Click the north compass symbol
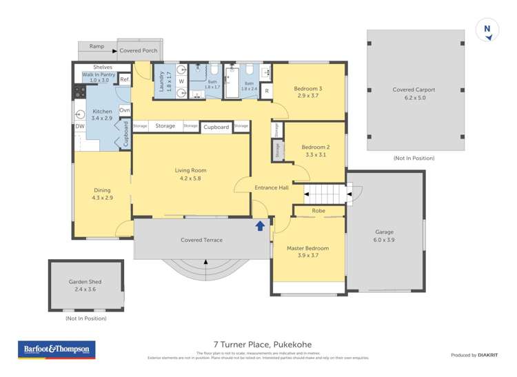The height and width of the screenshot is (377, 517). pyautogui.click(x=487, y=30)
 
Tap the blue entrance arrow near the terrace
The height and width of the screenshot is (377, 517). pyautogui.click(x=261, y=225)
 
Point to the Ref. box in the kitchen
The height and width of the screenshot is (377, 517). pyautogui.click(x=125, y=80)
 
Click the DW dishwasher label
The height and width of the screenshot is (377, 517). pyautogui.click(x=80, y=126)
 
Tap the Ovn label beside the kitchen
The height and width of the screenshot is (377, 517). pyautogui.click(x=125, y=110)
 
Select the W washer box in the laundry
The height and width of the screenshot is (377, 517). pyautogui.click(x=181, y=81)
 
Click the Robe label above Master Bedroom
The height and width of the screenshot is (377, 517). pyautogui.click(x=318, y=210)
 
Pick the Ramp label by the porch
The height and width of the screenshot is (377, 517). pyautogui.click(x=97, y=46)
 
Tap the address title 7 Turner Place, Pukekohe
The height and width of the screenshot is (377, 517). pyautogui.click(x=258, y=348)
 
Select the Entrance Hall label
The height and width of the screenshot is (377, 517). pyautogui.click(x=272, y=187)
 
